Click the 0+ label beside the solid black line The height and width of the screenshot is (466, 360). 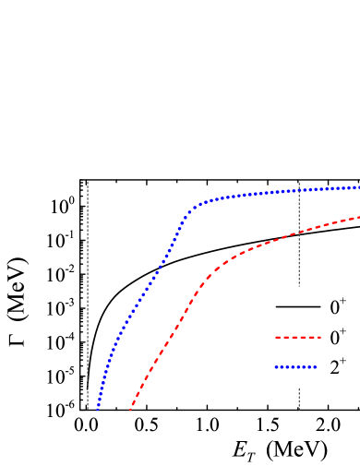[338, 306]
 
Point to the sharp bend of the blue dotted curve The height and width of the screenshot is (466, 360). [190, 211]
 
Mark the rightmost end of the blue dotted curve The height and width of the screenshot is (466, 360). [358, 187]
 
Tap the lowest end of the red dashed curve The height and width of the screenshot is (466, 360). [130, 409]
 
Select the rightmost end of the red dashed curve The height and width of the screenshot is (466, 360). [358, 217]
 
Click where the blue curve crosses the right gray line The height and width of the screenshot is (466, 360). [299, 190]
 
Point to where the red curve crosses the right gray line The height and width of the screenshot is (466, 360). [299, 232]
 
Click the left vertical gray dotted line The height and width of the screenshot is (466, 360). [88, 295]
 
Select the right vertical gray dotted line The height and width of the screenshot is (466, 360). [299, 268]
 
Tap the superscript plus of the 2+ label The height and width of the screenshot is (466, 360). [343, 361]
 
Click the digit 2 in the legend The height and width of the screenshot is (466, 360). [334, 368]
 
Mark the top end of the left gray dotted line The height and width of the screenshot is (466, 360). [88, 182]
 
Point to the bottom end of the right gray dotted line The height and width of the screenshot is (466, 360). [299, 409]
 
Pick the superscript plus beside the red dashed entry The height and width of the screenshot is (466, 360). [343, 331]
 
